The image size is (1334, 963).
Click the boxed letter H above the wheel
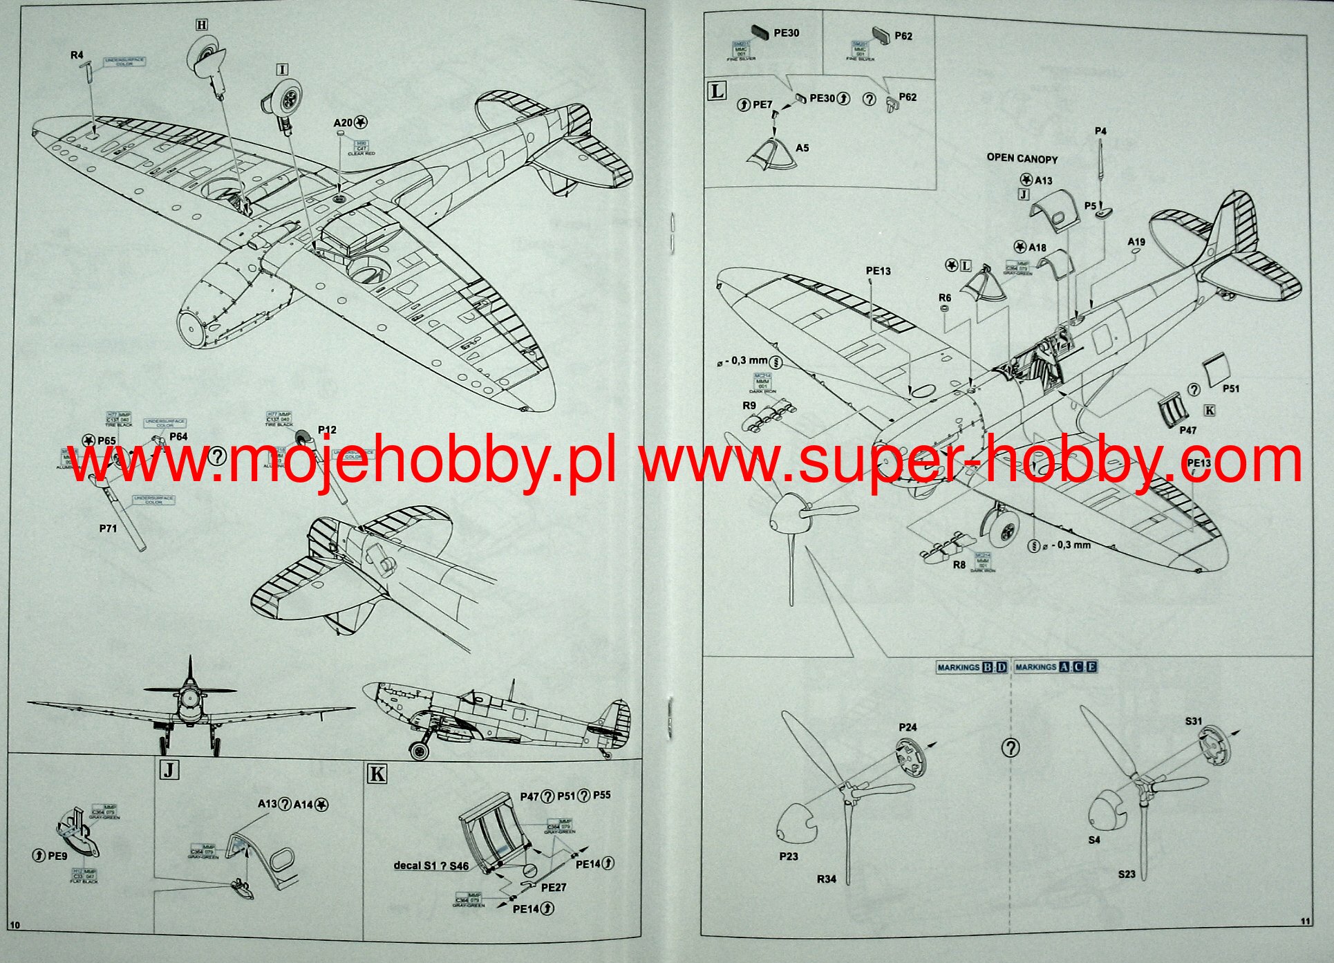tap(201, 26)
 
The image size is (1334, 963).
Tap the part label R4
tap(77, 55)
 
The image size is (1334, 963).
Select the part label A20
tap(343, 123)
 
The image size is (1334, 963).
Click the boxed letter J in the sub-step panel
tap(169, 769)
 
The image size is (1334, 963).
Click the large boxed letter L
tap(717, 91)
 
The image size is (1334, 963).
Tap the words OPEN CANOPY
tap(1022, 158)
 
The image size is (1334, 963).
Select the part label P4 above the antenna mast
tap(1100, 131)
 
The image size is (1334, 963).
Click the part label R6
tap(945, 298)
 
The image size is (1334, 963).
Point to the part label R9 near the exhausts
tap(749, 406)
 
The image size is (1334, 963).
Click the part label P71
tap(108, 528)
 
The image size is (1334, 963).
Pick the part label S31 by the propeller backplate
tap(1194, 721)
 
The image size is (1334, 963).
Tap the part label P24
tap(908, 727)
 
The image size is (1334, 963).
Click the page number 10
tap(15, 925)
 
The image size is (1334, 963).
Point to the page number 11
tap(1305, 921)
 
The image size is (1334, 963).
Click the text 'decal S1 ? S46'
tap(431, 866)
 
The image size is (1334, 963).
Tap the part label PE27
tap(553, 888)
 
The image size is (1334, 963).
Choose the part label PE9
tap(57, 856)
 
